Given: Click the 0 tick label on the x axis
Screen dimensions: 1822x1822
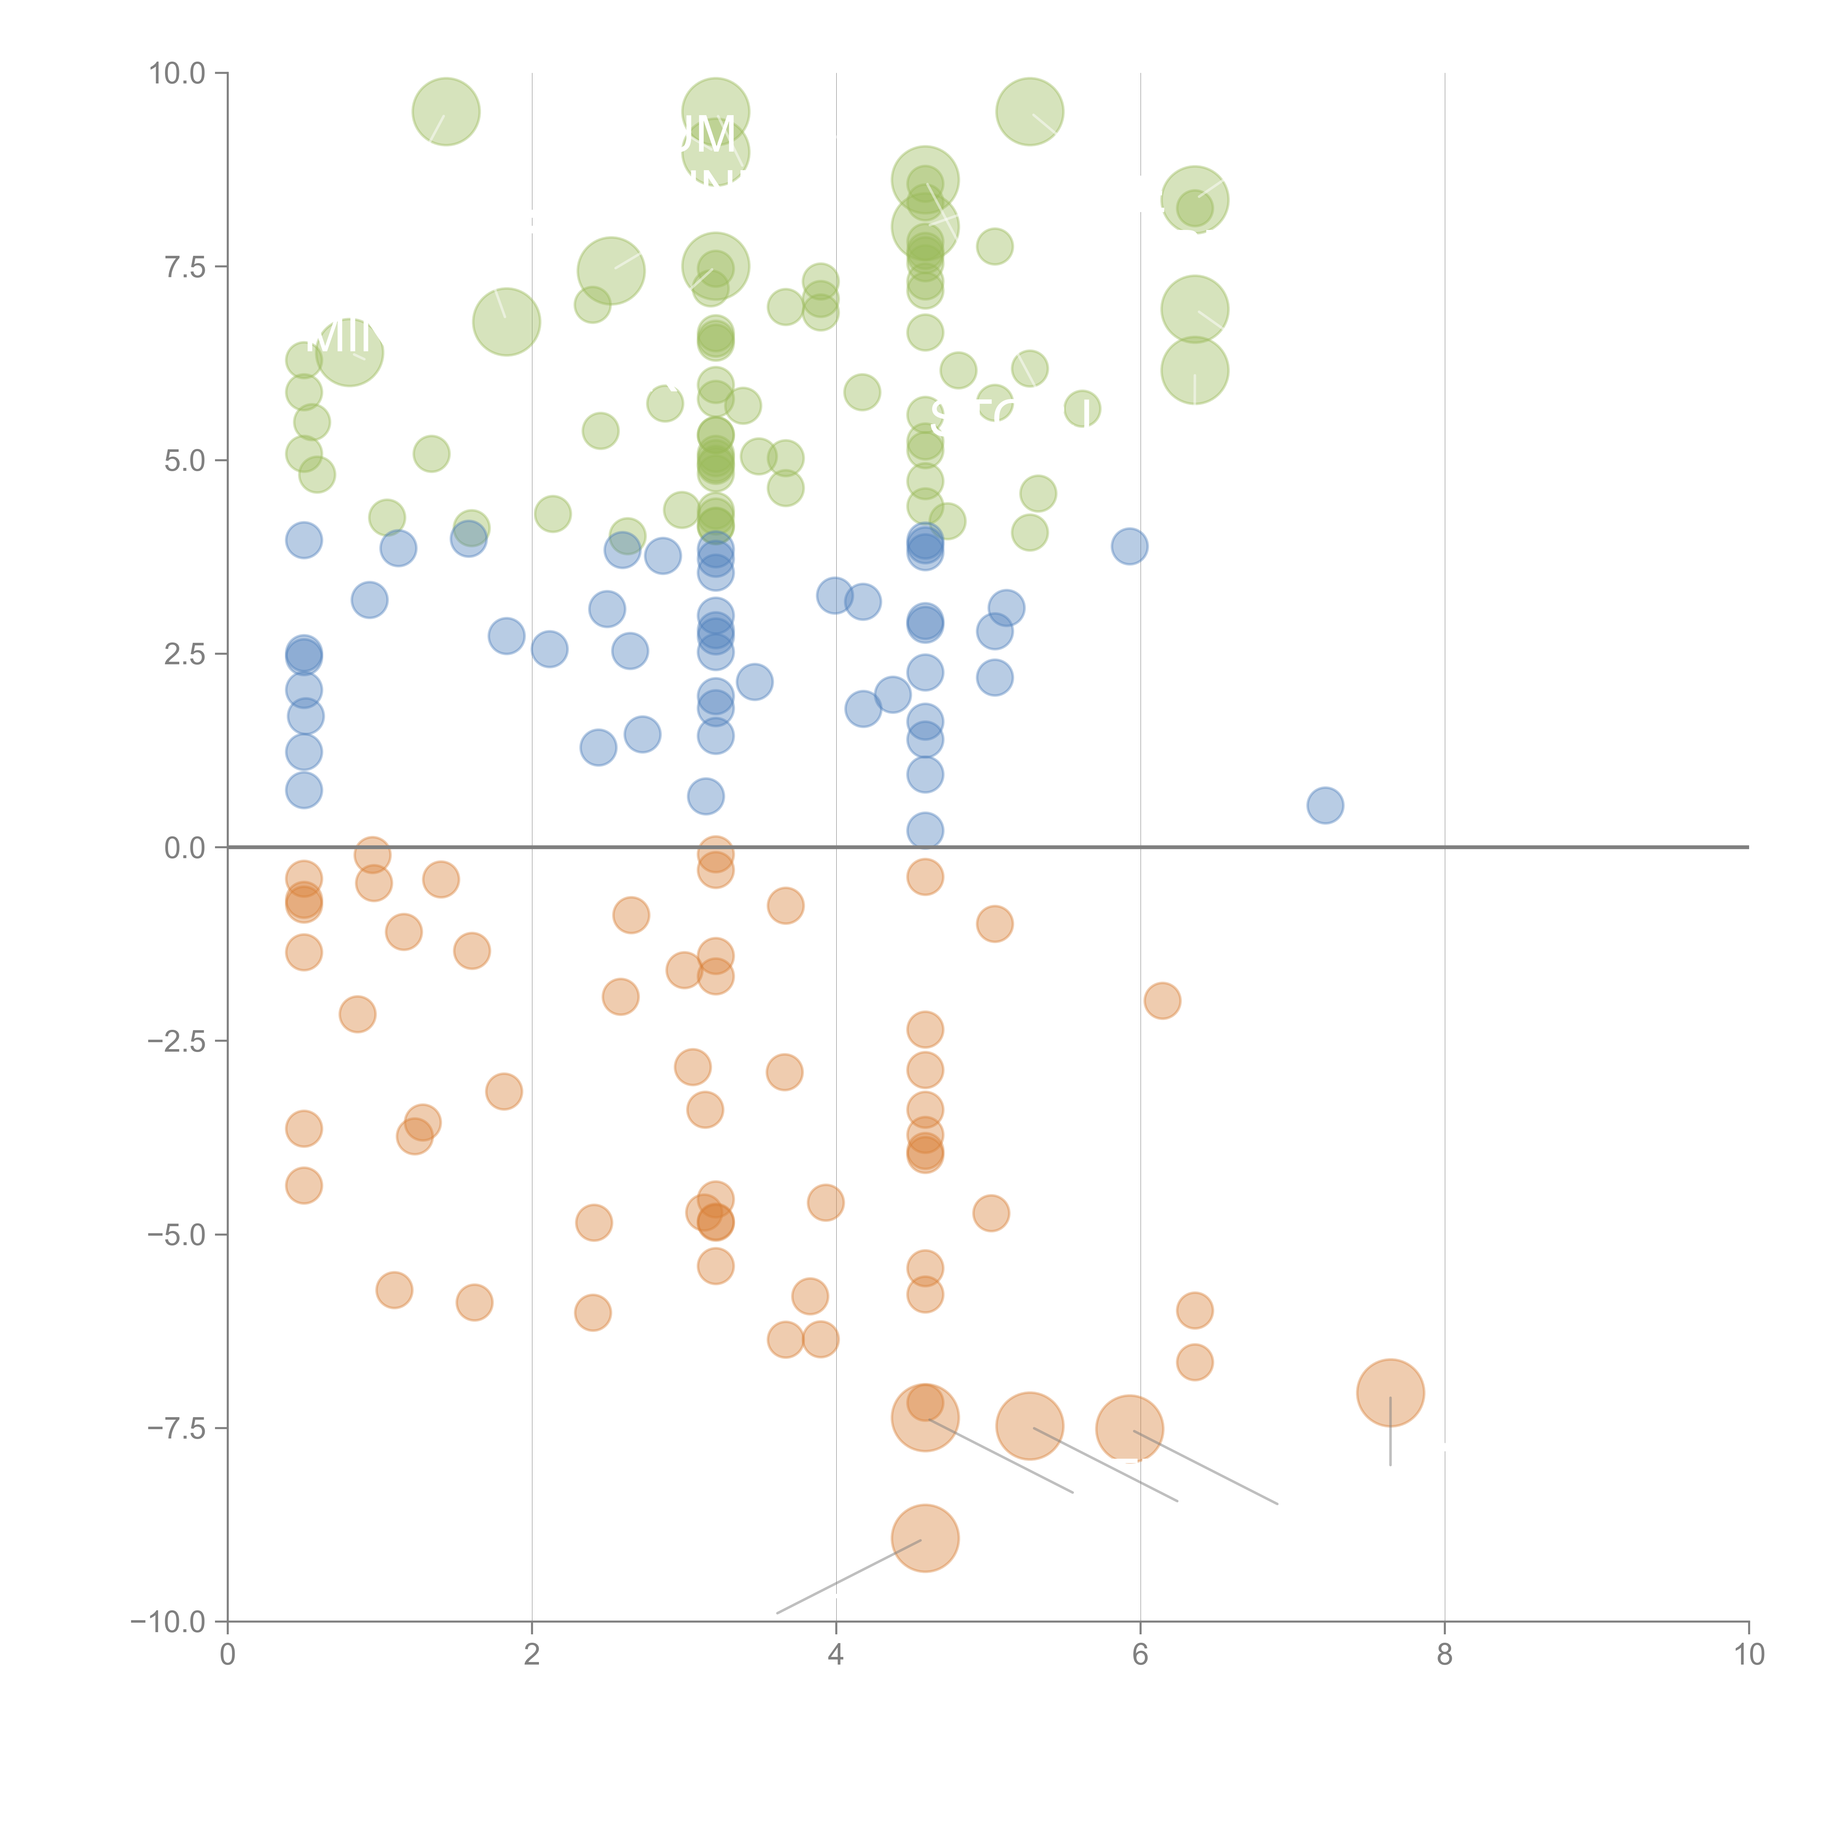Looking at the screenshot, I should [227, 1655].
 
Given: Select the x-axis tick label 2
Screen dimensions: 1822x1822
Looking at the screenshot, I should [532, 1655].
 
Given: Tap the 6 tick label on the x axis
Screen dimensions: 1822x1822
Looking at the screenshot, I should [1140, 1655].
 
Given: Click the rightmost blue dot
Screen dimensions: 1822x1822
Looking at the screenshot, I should [1325, 805].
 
